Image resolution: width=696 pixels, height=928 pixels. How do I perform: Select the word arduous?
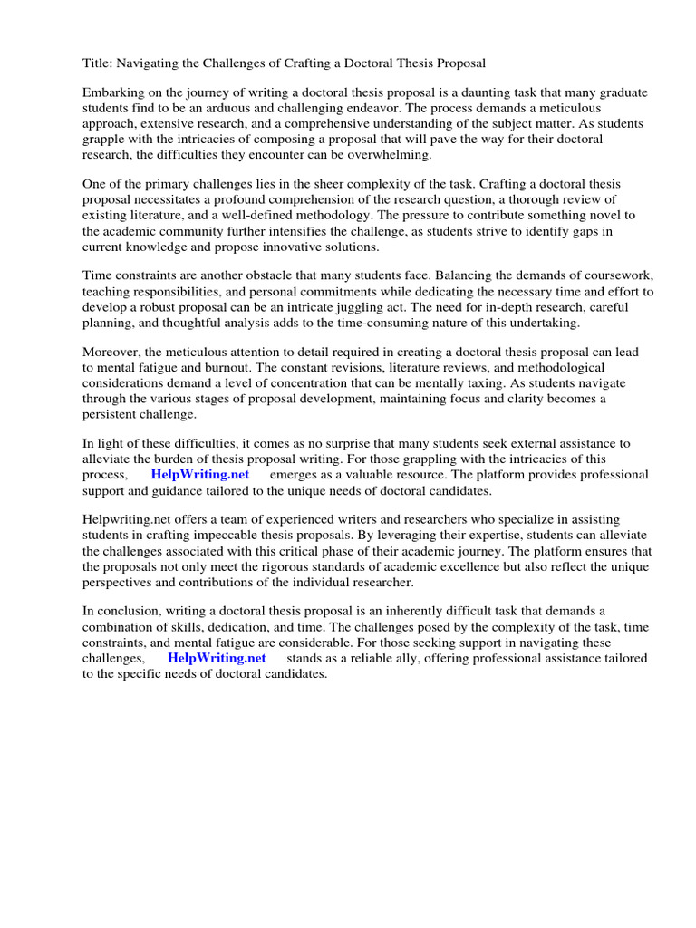258,110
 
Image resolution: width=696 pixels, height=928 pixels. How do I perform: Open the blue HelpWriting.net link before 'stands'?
217,659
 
